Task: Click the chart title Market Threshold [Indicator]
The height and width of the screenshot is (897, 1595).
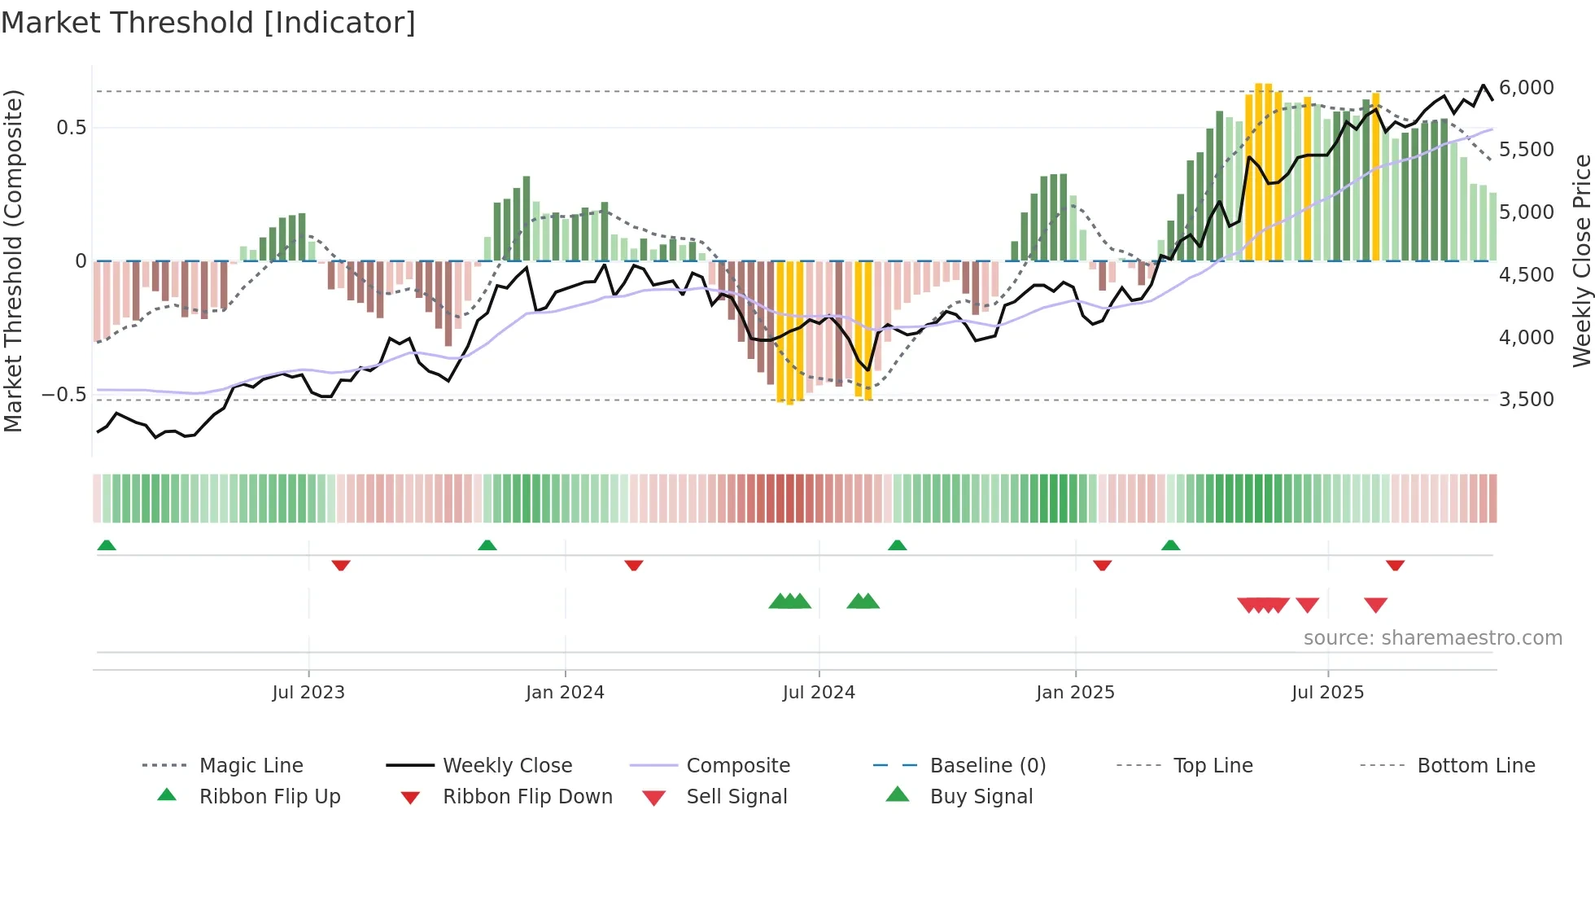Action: pyautogui.click(x=208, y=23)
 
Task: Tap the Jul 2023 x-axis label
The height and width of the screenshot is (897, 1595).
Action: pyautogui.click(x=308, y=693)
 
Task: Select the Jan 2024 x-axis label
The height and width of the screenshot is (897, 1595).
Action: pyautogui.click(x=565, y=693)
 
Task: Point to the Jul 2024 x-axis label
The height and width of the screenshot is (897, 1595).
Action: pyautogui.click(x=819, y=693)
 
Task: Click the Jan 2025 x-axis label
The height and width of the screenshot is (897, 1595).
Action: pyautogui.click(x=1075, y=693)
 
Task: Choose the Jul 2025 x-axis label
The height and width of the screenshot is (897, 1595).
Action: pyautogui.click(x=1327, y=693)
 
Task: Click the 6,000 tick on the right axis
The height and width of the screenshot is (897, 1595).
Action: pyautogui.click(x=1526, y=88)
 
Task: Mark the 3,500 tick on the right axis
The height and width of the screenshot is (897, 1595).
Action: pyautogui.click(x=1526, y=400)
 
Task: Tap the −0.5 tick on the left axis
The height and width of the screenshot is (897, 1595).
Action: pyautogui.click(x=63, y=395)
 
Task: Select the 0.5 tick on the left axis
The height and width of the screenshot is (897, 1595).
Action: pyautogui.click(x=71, y=128)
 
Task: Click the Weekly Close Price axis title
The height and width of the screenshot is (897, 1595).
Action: pyautogui.click(x=1581, y=260)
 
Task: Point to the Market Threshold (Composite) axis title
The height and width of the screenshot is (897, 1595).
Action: pyautogui.click(x=13, y=260)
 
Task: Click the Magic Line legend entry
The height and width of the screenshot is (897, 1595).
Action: pyautogui.click(x=251, y=766)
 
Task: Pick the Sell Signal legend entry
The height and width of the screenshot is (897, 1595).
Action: pyautogui.click(x=736, y=797)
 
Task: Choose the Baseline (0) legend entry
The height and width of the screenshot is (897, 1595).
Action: pyautogui.click(x=987, y=766)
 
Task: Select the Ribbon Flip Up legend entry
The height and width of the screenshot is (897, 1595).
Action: pyautogui.click(x=269, y=797)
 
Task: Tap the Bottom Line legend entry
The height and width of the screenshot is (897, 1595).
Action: pyautogui.click(x=1475, y=766)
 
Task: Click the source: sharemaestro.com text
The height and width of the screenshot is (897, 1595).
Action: pyautogui.click(x=1432, y=638)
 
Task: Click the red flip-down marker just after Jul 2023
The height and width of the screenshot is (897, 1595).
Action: pyautogui.click(x=341, y=565)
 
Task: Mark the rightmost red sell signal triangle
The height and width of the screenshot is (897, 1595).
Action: pyautogui.click(x=1375, y=605)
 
